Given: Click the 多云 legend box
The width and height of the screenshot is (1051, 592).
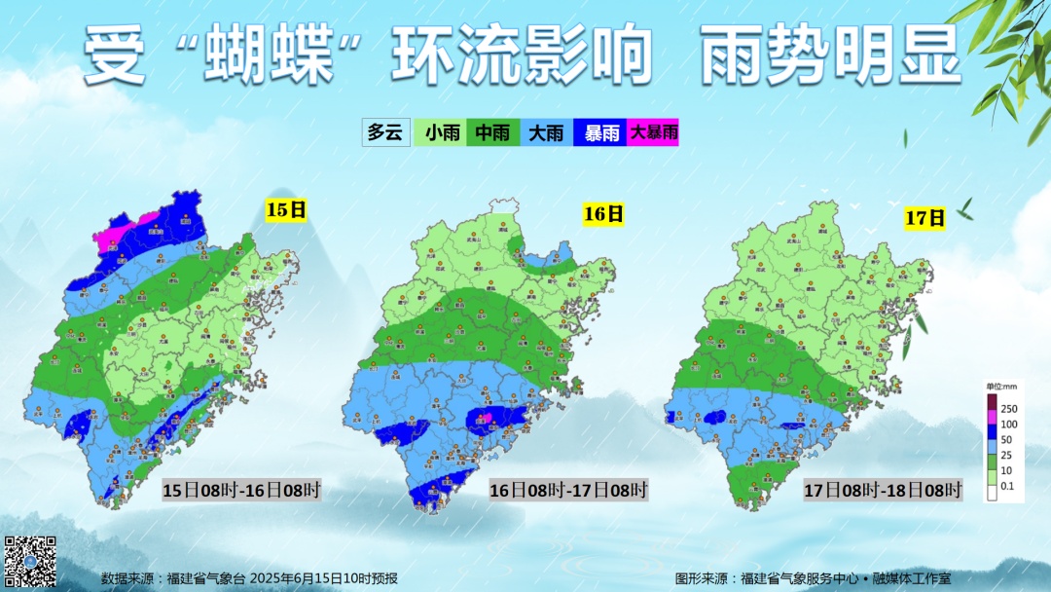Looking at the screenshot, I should click(384, 132).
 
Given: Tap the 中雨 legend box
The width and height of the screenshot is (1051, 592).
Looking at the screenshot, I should click(494, 132).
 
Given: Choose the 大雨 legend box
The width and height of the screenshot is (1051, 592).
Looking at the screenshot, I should click(547, 132).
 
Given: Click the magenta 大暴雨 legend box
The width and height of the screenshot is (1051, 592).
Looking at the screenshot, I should click(653, 132).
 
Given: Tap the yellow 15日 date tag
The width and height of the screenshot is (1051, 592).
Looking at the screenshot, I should click(286, 208).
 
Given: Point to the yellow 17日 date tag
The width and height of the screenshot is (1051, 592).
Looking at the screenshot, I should click(924, 217).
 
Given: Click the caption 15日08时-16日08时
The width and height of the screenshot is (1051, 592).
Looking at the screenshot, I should click(240, 490).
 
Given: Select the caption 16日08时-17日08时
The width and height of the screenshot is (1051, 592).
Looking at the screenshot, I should click(568, 490).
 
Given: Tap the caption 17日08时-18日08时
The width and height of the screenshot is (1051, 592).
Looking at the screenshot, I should click(883, 489).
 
